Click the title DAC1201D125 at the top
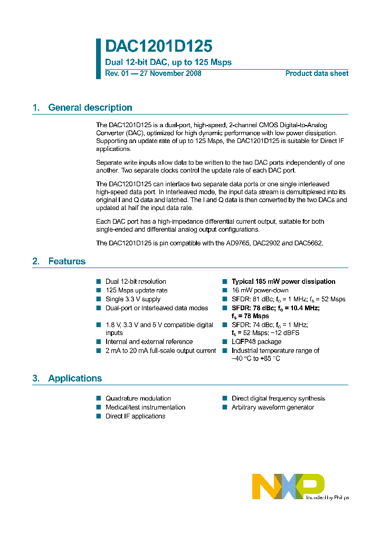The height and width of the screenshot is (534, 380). tap(159, 46)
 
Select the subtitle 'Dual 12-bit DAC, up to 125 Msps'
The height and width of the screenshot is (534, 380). tap(168, 62)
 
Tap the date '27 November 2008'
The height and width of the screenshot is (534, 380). tap(170, 73)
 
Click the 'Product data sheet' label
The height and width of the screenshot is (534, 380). tap(317, 73)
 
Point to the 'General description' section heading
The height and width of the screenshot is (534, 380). tap(90, 108)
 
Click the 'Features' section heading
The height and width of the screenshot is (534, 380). tap(66, 261)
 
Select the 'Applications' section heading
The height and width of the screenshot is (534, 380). tap(74, 378)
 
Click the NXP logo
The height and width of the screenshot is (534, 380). tap(288, 486)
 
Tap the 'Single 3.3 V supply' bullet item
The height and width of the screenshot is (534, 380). tap(133, 299)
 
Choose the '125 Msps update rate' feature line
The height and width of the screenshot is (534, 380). tap(136, 290)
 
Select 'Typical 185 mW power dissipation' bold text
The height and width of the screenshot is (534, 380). tap(283, 282)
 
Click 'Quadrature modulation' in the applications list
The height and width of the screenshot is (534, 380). tap(138, 398)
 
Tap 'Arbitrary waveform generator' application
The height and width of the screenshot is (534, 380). tap(272, 407)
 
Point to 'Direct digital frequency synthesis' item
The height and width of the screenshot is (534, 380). tap(278, 398)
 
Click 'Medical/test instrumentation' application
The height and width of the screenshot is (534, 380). tap(145, 407)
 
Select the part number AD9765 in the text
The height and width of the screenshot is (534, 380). tap(239, 243)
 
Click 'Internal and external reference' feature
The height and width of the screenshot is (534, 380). tap(149, 342)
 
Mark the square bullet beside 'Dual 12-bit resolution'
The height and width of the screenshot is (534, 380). tap(98, 282)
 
